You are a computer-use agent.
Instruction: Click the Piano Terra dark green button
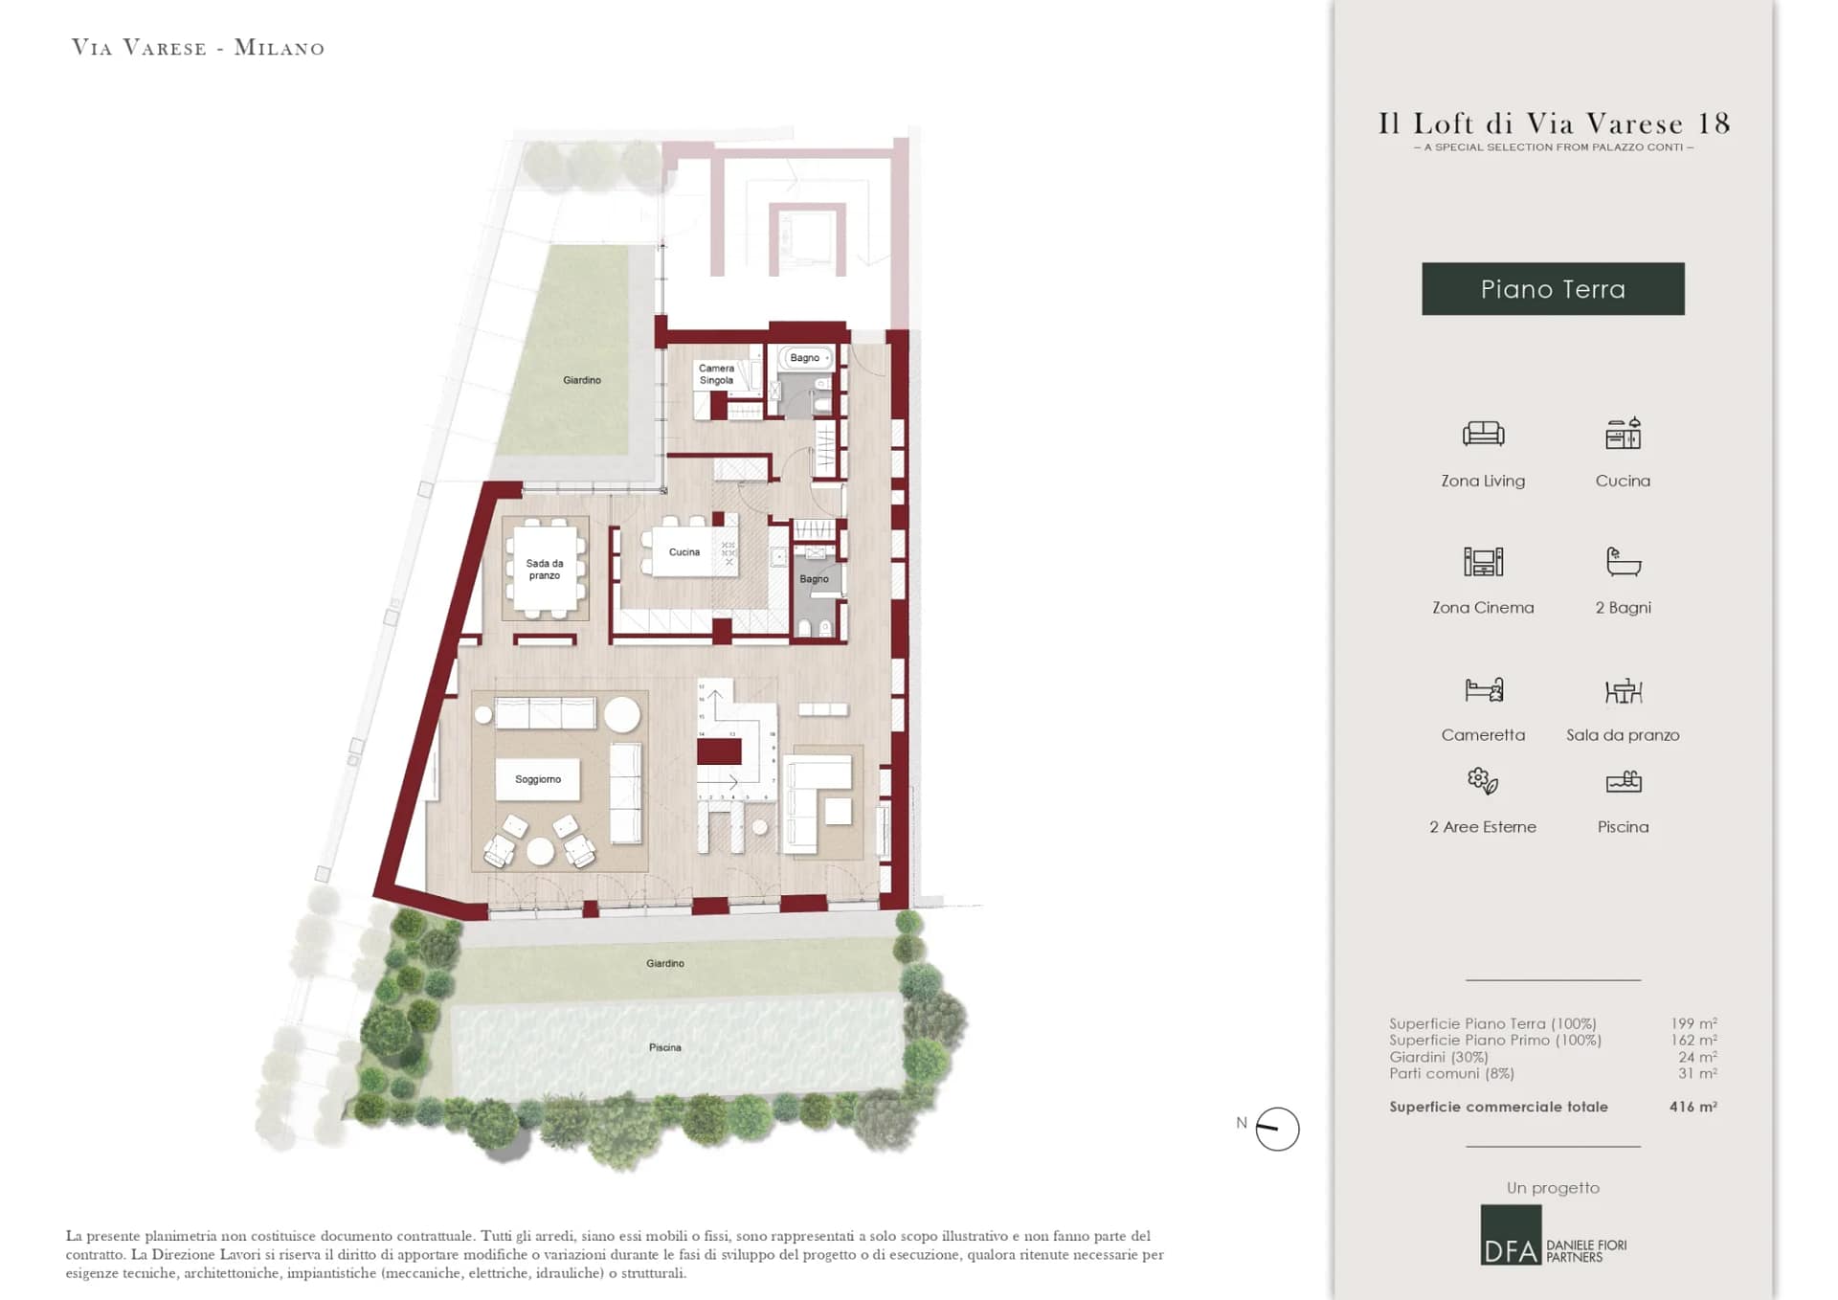(1553, 289)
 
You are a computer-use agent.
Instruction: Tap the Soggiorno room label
(538, 779)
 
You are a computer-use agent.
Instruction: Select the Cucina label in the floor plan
(684, 552)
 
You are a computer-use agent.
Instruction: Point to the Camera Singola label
(716, 374)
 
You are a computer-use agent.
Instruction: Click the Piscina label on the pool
(665, 1047)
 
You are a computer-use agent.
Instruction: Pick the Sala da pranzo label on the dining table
(545, 570)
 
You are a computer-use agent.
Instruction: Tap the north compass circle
(1277, 1129)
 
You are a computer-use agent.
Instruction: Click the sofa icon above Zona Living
(1483, 434)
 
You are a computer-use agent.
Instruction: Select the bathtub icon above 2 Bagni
(1623, 561)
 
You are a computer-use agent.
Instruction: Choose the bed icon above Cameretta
(1484, 689)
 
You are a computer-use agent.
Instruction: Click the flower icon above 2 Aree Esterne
(1483, 781)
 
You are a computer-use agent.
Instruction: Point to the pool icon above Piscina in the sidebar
(1623, 782)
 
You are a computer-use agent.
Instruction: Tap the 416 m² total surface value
(1692, 1107)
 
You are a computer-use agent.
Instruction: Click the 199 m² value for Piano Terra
(1693, 1023)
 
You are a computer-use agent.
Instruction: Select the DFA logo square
(1511, 1235)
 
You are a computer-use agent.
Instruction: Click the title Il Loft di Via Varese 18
(1554, 123)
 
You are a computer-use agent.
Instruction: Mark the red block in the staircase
(719, 751)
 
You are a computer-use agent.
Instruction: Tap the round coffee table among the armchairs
(541, 851)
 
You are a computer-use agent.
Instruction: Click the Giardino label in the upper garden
(582, 380)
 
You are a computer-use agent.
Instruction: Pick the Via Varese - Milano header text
(198, 48)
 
